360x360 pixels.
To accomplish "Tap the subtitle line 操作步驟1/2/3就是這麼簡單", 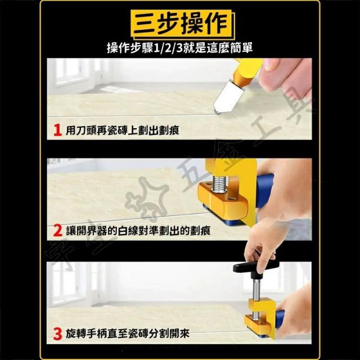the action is coord(180,48).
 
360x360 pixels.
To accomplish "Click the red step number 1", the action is coord(57,130).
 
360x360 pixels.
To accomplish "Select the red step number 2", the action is coord(58,231).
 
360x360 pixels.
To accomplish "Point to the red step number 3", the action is coord(57,334).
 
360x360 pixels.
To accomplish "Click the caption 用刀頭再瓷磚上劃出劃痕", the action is coord(123,130).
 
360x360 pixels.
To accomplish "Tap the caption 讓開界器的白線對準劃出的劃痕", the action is coord(138,231).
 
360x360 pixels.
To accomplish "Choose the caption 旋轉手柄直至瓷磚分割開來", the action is coord(128,334).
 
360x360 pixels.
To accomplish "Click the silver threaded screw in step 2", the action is coord(219,183).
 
